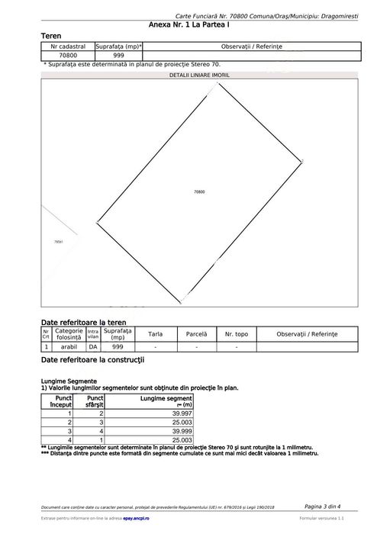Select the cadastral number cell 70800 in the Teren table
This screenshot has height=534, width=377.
click(x=68, y=56)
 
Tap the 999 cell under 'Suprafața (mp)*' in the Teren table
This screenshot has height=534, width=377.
click(x=118, y=56)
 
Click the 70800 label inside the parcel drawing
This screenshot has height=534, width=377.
click(x=200, y=192)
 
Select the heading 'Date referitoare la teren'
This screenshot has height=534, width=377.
click(x=83, y=323)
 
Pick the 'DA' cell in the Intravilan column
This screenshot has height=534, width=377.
click(x=93, y=347)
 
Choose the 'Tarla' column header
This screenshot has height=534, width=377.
click(x=155, y=334)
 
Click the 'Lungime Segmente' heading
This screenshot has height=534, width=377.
click(x=69, y=380)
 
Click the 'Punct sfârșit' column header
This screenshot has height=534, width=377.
click(x=95, y=402)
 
